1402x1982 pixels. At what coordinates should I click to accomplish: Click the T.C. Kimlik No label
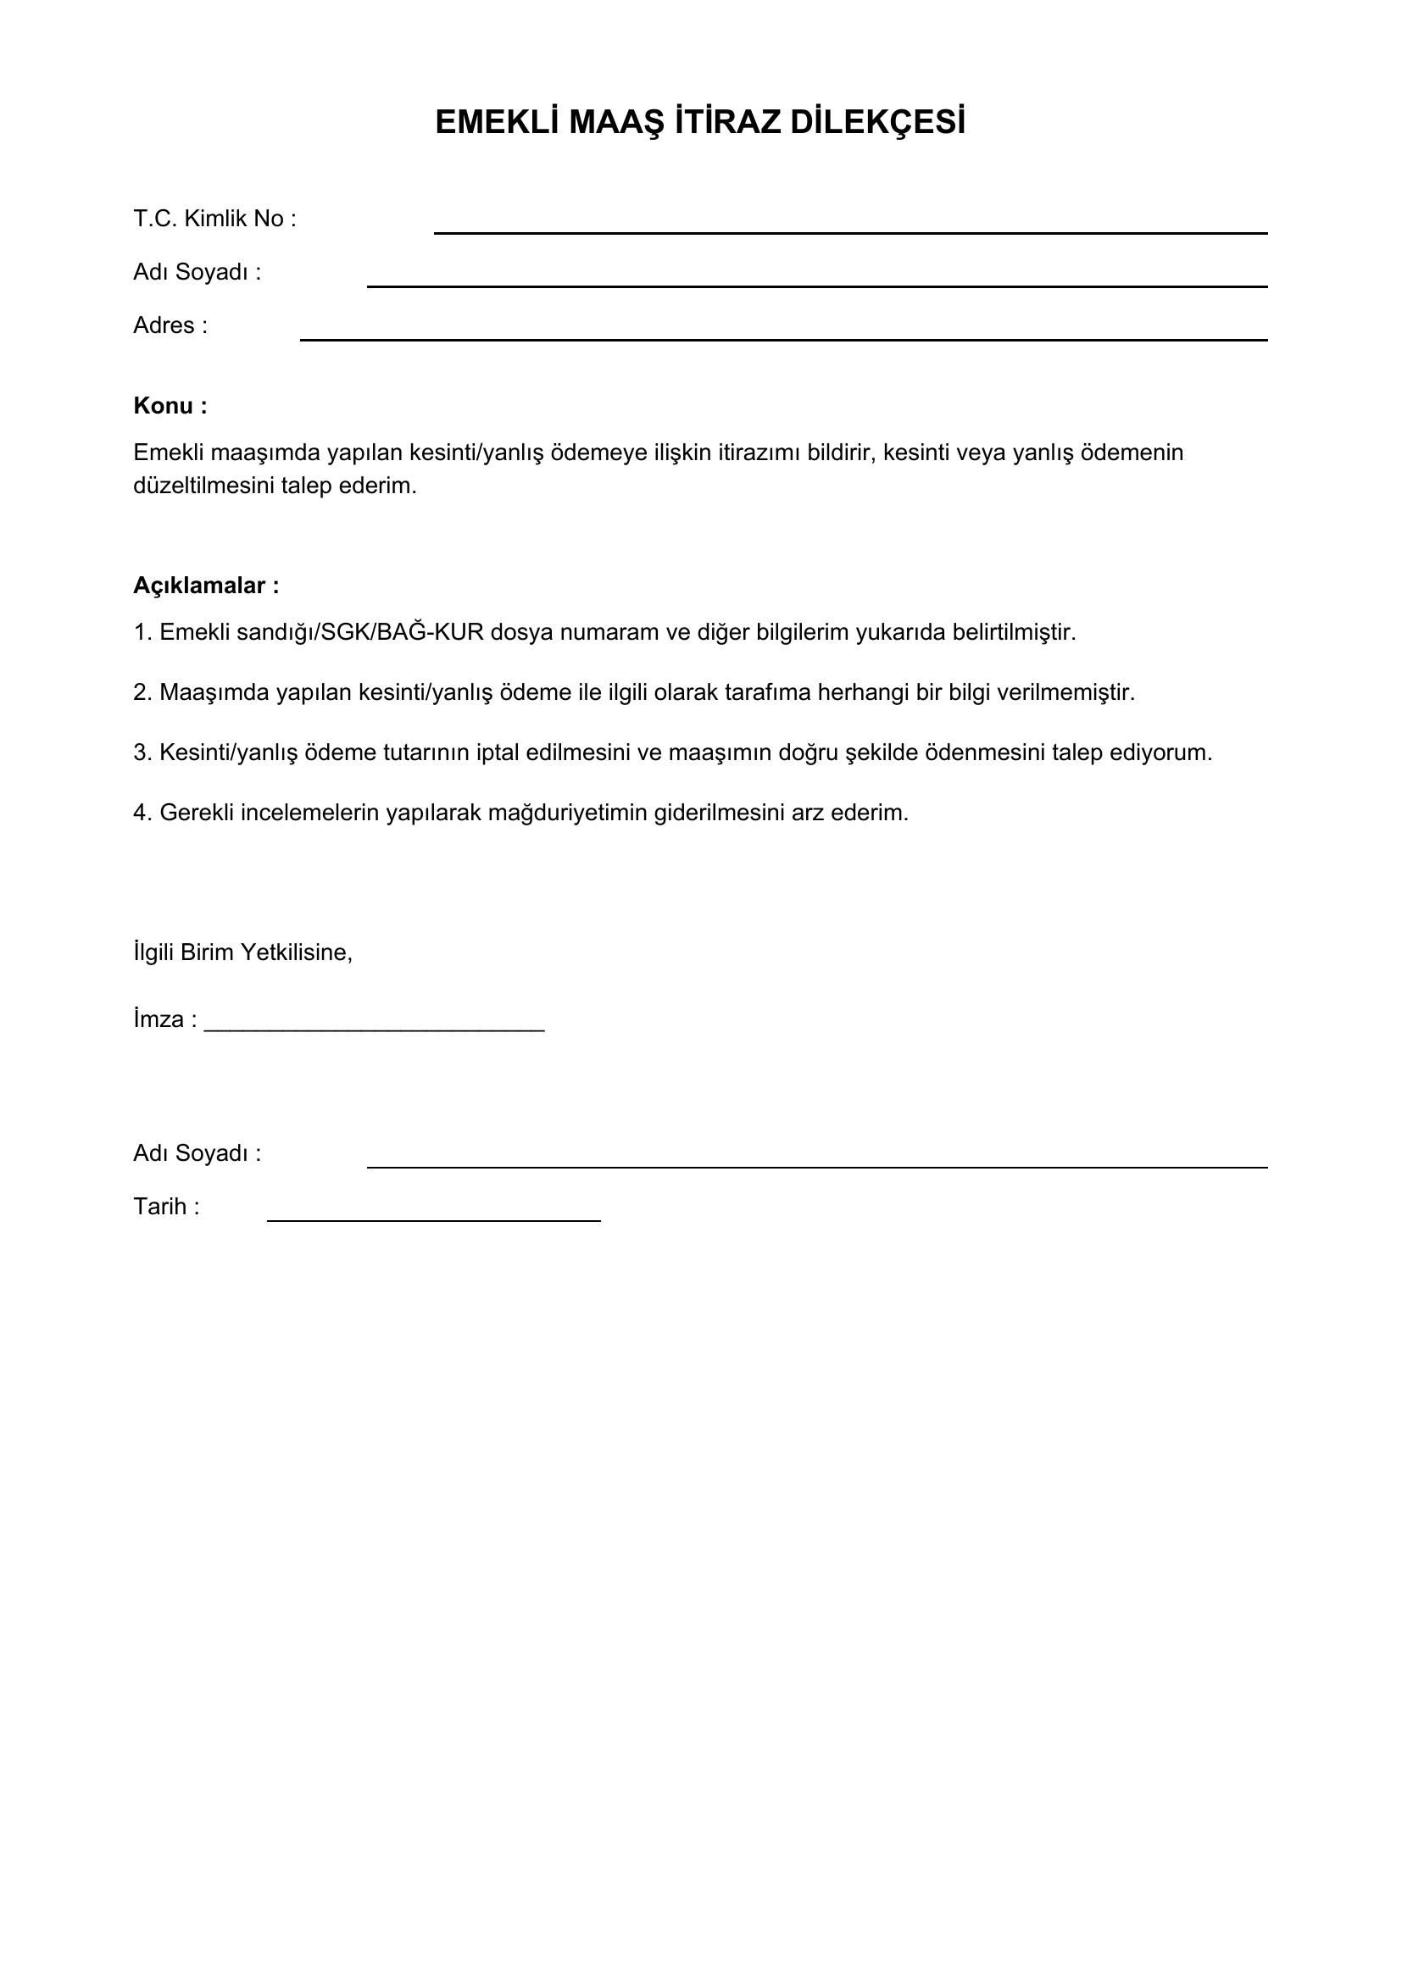click(214, 219)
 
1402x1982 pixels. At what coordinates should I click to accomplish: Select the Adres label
click(170, 325)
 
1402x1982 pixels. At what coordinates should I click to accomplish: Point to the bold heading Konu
click(170, 406)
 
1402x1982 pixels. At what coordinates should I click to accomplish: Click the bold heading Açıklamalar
click(205, 586)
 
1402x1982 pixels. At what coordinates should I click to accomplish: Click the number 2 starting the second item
click(141, 692)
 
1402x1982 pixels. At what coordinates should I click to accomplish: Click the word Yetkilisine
click(296, 952)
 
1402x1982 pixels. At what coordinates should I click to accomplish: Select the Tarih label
click(166, 1206)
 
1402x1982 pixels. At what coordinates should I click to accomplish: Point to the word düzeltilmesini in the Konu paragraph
click(203, 486)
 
